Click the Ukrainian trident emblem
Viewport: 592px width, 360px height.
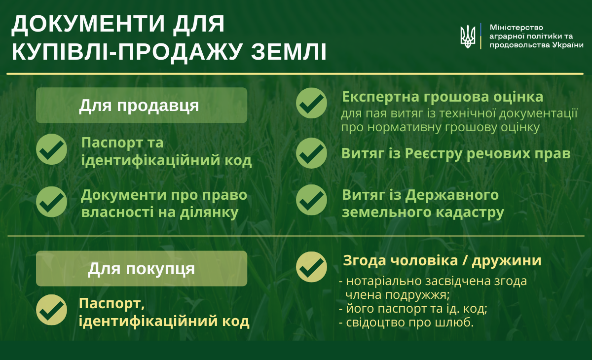pyautogui.click(x=468, y=36)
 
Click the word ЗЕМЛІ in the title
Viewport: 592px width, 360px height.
pyautogui.click(x=289, y=51)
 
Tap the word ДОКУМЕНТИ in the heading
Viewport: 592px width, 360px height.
pyautogui.click(x=88, y=24)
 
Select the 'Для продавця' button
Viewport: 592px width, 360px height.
pyautogui.click(x=142, y=105)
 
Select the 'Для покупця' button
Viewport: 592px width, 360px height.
pyautogui.click(x=142, y=268)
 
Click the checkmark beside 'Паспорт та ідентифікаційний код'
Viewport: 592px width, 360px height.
pyautogui.click(x=51, y=149)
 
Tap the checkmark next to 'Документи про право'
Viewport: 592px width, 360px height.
pyautogui.click(x=51, y=202)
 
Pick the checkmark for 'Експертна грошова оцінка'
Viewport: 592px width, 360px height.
pyautogui.click(x=311, y=103)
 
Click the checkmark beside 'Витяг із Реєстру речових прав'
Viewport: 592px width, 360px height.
pyautogui.click(x=311, y=153)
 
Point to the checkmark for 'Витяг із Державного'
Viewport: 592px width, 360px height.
pyautogui.click(x=311, y=200)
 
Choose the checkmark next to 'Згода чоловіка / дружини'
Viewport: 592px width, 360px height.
pyautogui.click(x=311, y=267)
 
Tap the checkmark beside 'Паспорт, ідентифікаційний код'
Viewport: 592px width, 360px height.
pyautogui.click(x=51, y=310)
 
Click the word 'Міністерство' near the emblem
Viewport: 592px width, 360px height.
pyautogui.click(x=517, y=28)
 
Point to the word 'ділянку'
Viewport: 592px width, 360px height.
pyautogui.click(x=209, y=213)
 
